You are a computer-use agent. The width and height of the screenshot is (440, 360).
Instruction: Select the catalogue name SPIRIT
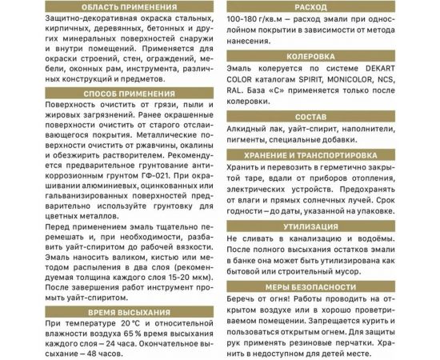320,82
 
